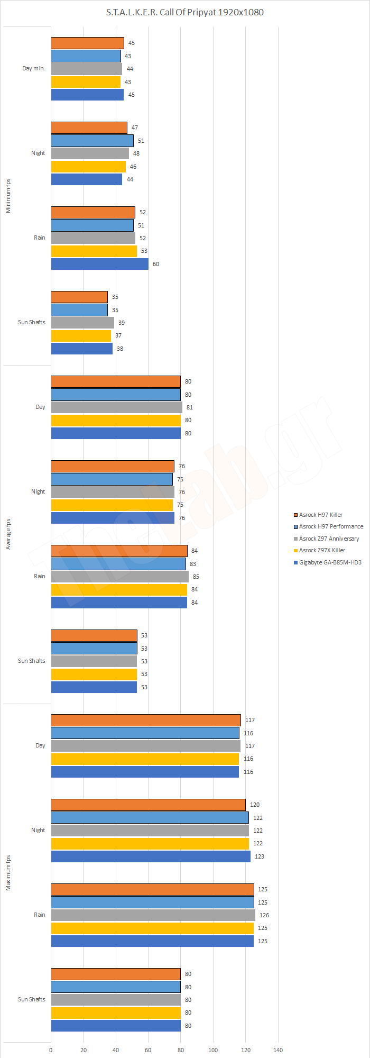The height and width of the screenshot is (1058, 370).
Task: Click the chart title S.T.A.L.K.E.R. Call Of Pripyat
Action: (184, 12)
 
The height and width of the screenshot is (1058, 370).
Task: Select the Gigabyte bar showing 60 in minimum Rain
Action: (99, 264)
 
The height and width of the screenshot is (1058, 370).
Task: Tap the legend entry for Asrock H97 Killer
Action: (320, 515)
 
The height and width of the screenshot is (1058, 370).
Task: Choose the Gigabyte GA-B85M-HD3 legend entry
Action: (330, 562)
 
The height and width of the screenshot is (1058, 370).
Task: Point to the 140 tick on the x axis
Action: (278, 1050)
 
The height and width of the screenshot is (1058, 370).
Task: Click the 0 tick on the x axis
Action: (51, 1050)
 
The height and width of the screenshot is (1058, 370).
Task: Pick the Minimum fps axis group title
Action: (8, 196)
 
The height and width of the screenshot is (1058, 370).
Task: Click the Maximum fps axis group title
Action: (8, 873)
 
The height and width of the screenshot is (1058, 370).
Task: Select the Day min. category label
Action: (33, 69)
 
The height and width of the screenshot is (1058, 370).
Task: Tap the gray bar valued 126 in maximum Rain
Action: (153, 915)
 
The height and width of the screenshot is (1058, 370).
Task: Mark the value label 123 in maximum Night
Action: (260, 856)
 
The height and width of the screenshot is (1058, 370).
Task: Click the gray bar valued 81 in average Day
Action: (116, 407)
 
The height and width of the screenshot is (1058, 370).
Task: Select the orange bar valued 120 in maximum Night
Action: (148, 805)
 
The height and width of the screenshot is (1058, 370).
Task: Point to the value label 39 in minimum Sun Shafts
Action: (122, 323)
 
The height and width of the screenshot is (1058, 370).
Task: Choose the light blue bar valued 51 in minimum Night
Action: (92, 141)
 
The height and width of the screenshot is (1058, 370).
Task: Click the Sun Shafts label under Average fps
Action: (31, 661)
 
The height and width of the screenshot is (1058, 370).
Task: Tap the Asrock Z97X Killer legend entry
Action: (322, 550)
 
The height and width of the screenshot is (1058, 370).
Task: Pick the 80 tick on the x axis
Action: (181, 1050)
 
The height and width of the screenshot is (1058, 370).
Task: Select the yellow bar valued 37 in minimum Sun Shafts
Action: (81, 335)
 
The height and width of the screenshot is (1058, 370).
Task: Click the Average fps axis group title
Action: (8, 534)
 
